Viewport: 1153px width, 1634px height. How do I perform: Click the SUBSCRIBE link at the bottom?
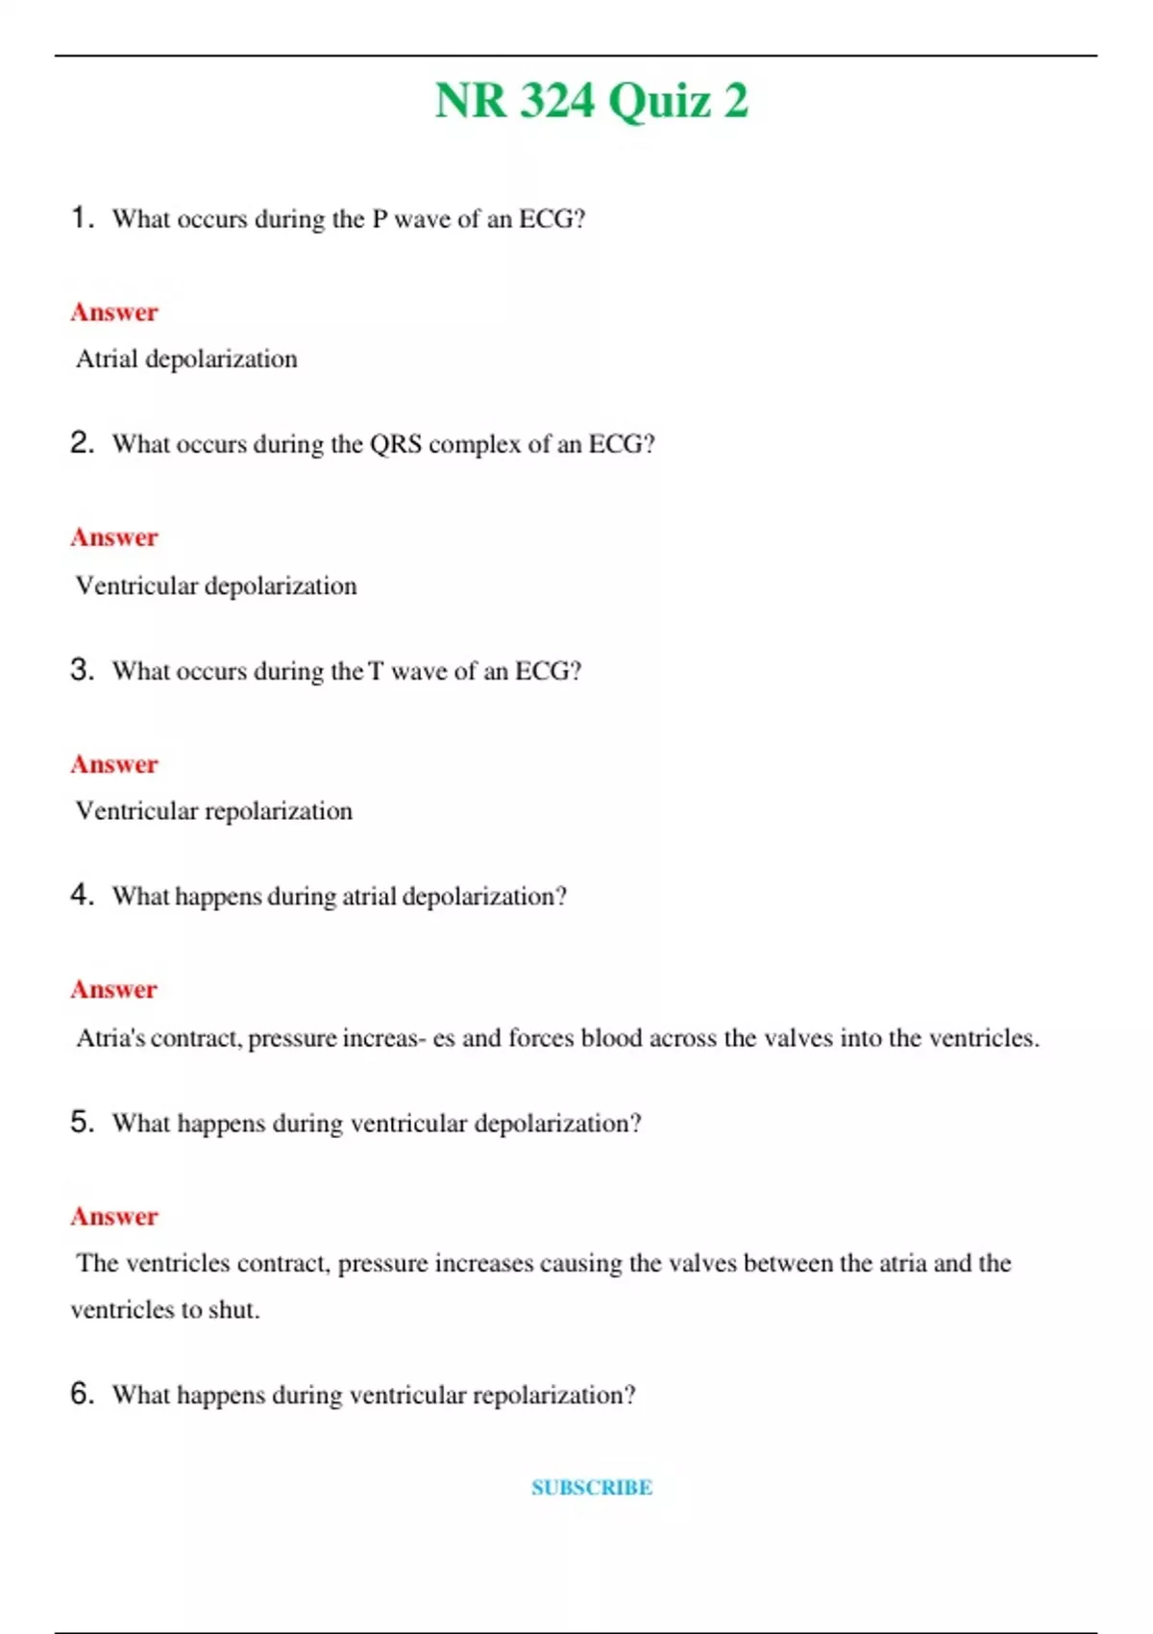[592, 1487]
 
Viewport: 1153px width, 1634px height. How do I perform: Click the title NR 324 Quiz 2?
[591, 101]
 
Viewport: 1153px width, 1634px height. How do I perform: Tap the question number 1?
[82, 217]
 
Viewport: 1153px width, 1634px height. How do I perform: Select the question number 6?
[82, 1393]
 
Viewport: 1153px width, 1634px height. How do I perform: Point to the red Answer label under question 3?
[113, 764]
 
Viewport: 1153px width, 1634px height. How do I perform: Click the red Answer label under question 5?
[113, 1216]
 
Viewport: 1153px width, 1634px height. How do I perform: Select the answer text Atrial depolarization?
[186, 359]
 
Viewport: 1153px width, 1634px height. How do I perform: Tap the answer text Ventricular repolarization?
[213, 811]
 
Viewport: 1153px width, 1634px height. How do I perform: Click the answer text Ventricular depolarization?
[215, 585]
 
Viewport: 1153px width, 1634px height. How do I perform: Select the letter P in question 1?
[380, 219]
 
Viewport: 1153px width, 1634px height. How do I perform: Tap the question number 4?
[82, 895]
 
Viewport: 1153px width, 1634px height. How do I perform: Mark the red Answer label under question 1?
[113, 312]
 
